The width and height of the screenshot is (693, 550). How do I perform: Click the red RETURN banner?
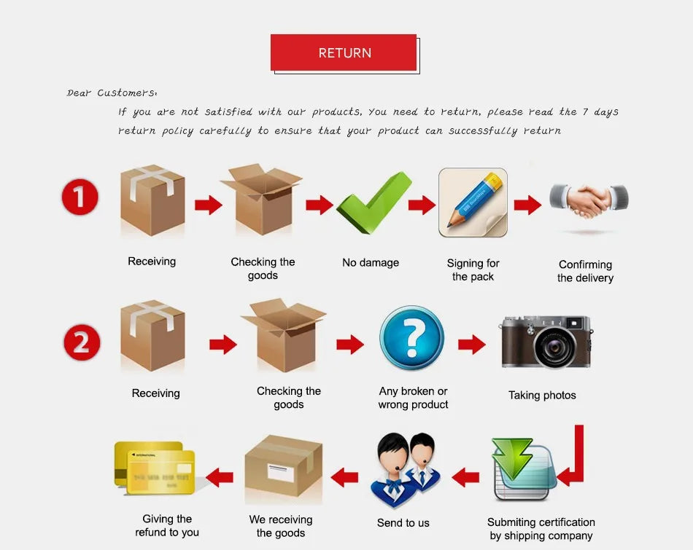pos(344,52)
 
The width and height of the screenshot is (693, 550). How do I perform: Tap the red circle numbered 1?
pos(80,197)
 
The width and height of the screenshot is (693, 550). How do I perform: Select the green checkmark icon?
pos(373,203)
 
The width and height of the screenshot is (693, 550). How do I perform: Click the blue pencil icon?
pos(472,202)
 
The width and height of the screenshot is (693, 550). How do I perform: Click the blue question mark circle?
pos(411,338)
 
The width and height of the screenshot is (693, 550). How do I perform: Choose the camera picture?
pos(546,342)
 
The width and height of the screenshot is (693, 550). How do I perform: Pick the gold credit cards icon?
pos(155,466)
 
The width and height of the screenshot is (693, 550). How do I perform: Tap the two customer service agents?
pos(403,469)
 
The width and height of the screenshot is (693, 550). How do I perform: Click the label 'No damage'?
pos(371,262)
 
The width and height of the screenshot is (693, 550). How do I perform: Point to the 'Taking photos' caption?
pos(542,396)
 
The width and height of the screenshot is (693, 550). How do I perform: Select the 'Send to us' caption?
pos(403,522)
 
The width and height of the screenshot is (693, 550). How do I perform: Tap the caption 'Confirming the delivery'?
pos(585,271)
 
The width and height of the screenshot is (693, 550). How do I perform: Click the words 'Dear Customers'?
pos(112,93)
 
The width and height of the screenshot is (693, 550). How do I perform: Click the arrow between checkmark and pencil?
pos(422,205)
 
